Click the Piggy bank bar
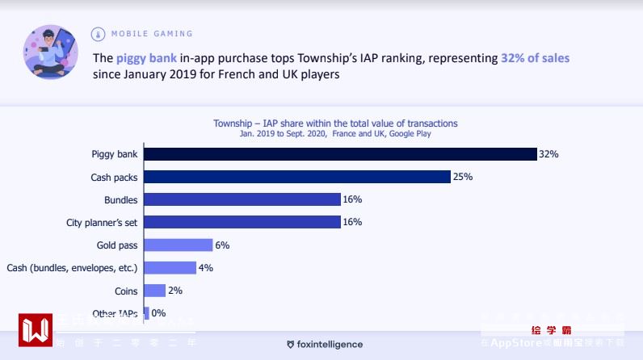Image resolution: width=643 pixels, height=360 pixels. (x=339, y=154)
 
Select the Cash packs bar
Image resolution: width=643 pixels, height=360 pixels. (x=296, y=177)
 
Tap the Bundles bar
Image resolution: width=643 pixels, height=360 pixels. (x=242, y=199)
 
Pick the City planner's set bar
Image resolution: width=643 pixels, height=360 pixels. (x=242, y=222)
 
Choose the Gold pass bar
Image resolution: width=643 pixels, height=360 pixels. (x=178, y=245)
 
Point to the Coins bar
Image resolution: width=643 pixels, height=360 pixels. (x=154, y=291)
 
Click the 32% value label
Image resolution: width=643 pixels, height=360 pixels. (x=549, y=154)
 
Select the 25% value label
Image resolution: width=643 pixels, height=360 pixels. (x=463, y=177)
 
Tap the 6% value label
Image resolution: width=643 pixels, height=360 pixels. (x=222, y=245)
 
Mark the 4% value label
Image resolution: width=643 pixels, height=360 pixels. (x=206, y=268)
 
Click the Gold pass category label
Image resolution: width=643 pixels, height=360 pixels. (x=117, y=245)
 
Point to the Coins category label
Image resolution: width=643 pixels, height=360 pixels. (x=126, y=291)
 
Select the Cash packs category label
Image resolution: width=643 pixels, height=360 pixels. (x=114, y=177)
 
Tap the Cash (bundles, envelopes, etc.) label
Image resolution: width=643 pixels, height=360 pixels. (x=72, y=268)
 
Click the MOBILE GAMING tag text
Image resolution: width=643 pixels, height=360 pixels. (x=152, y=34)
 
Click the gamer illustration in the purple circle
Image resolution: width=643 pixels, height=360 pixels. (x=51, y=52)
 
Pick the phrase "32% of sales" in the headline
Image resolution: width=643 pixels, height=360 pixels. (x=535, y=58)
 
